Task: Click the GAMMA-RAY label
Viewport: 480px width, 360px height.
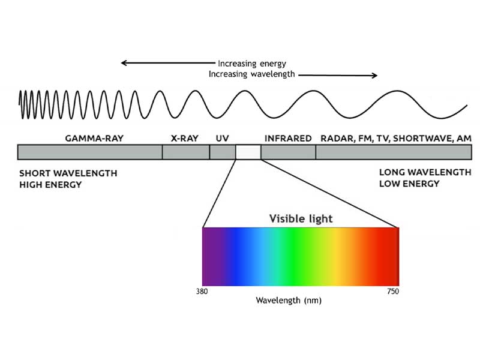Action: tap(94, 139)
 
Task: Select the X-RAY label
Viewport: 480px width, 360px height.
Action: tap(185, 139)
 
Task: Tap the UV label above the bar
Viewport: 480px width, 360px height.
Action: tap(222, 139)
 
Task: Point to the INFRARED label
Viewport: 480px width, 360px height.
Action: tap(288, 139)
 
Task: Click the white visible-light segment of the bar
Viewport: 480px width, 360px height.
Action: tap(248, 152)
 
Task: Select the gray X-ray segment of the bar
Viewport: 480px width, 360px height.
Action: tap(186, 152)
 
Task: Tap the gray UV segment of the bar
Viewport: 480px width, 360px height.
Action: tap(223, 152)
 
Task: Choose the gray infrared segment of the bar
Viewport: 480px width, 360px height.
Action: tap(289, 152)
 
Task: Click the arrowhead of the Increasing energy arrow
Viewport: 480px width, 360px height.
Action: tap(124, 63)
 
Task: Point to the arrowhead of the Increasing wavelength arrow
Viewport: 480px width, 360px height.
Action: tap(374, 76)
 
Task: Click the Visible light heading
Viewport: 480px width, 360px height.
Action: tap(301, 218)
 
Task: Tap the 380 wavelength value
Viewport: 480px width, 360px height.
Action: tap(202, 291)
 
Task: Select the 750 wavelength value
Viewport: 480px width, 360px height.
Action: tap(393, 291)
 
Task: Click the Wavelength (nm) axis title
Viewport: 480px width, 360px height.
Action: tap(289, 301)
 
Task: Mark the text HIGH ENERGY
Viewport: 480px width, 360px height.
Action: tap(50, 185)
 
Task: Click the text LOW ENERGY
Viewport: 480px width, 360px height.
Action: tap(409, 184)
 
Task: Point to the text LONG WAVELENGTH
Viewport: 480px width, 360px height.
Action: tap(425, 172)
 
